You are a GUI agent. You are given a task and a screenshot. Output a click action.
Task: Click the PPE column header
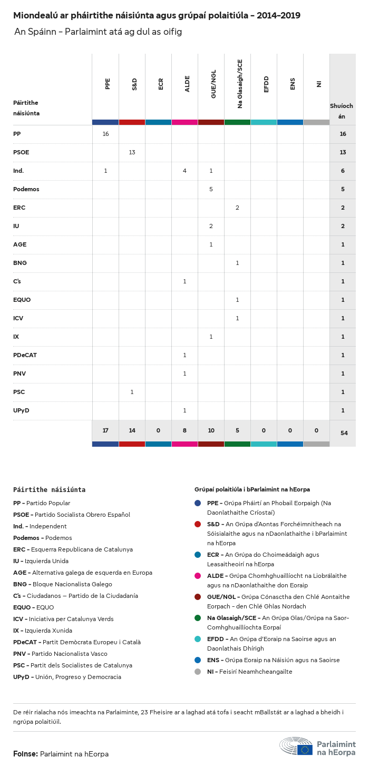point(108,83)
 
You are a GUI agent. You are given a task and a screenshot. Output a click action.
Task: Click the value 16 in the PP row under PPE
point(105,134)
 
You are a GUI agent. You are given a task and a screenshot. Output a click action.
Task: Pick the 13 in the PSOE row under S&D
point(132,152)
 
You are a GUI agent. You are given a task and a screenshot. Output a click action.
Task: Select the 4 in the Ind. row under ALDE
point(184,171)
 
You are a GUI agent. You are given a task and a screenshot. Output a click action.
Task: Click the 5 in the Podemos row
point(211,189)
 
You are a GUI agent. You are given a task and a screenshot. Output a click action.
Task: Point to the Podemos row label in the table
point(26,189)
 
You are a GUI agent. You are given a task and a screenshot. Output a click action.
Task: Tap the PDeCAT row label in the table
point(25,355)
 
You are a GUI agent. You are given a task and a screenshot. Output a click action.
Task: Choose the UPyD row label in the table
point(21,410)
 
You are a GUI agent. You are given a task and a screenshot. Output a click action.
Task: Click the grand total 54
point(344,433)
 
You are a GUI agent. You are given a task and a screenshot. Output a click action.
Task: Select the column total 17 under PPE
point(105,430)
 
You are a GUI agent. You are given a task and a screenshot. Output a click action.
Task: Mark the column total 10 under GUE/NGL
point(211,430)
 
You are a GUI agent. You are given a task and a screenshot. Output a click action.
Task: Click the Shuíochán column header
point(342,111)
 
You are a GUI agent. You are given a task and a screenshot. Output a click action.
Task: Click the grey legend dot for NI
point(198,672)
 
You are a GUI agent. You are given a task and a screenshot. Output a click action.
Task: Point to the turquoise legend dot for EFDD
point(198,639)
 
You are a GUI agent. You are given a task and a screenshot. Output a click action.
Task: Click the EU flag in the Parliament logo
point(305,750)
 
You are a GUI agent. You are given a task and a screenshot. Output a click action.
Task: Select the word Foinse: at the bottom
point(25,754)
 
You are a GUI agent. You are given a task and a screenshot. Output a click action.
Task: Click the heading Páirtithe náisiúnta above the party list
point(49,489)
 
